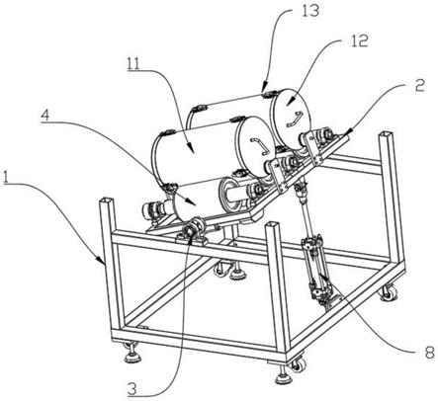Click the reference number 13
pyautogui.click(x=310, y=11)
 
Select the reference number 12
pyautogui.click(x=358, y=41)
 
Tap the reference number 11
pyautogui.click(x=134, y=63)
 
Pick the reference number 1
pyautogui.click(x=6, y=177)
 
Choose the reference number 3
pyautogui.click(x=131, y=389)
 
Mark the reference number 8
pyautogui.click(x=430, y=353)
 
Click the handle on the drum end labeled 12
pyautogui.click(x=295, y=119)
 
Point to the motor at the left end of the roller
pyautogui.click(x=153, y=211)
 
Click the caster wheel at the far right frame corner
pyautogui.click(x=389, y=292)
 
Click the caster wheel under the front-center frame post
pyautogui.click(x=298, y=364)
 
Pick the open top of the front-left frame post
pyautogui.click(x=107, y=200)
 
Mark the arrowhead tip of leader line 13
pyautogui.click(x=263, y=91)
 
